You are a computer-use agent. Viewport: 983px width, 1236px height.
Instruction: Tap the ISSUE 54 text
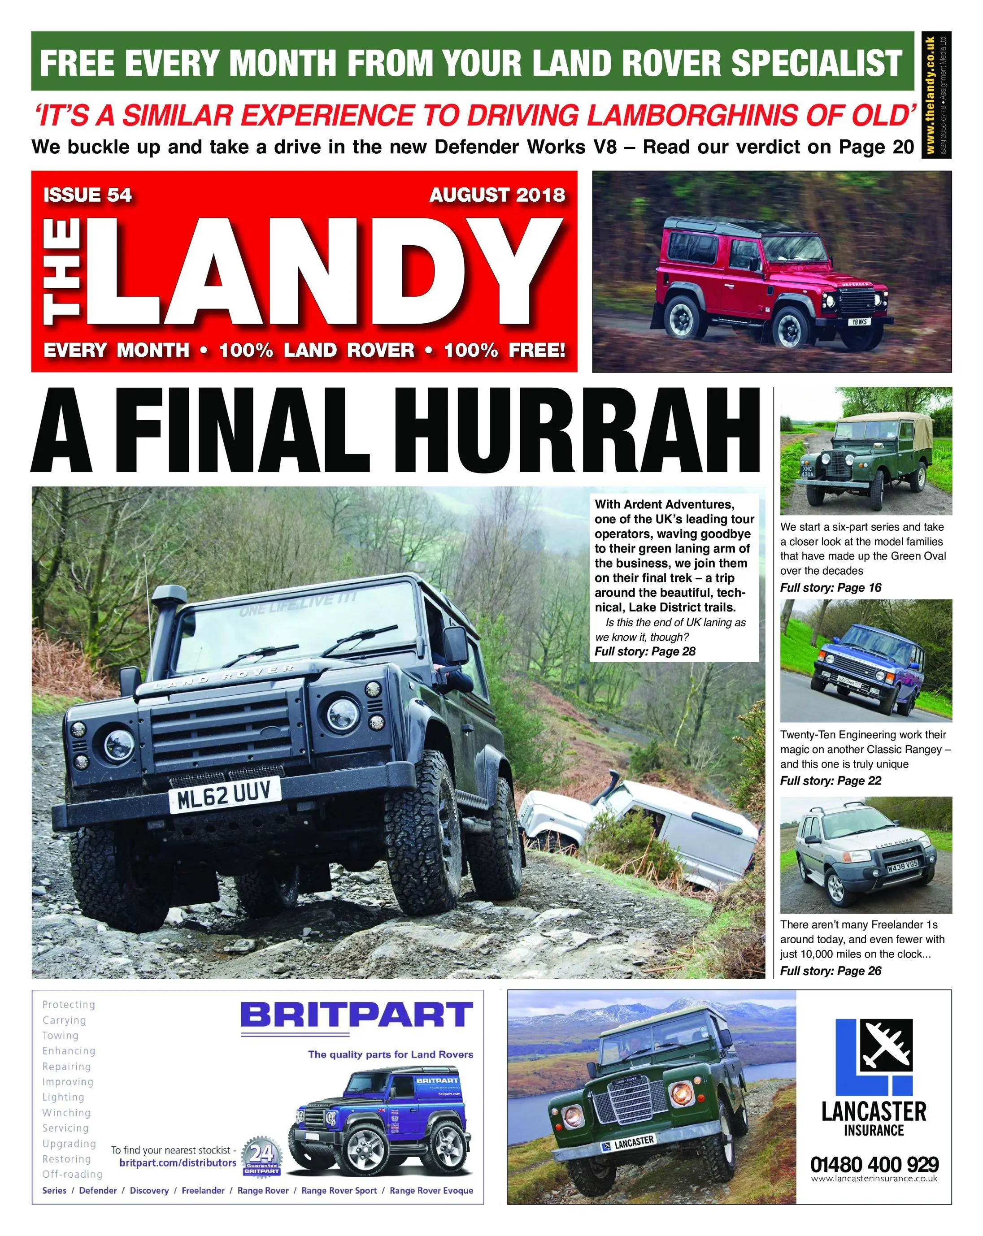tap(87, 195)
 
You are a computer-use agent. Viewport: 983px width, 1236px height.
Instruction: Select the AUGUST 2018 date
tap(497, 195)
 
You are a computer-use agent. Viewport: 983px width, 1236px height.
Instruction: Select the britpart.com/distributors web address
tap(178, 1163)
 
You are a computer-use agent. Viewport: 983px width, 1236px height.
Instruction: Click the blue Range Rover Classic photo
tap(865, 660)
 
